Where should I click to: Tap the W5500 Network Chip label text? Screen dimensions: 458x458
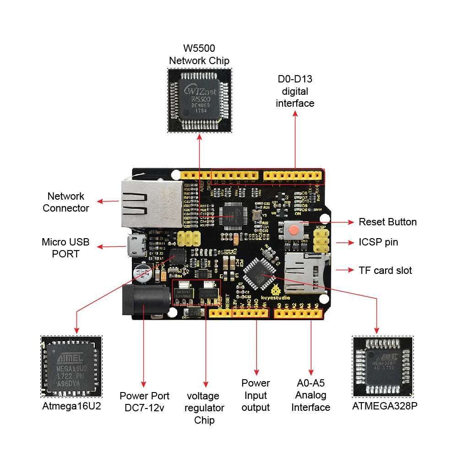coord(199,54)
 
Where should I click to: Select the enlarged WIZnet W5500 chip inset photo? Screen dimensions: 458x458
coord(200,100)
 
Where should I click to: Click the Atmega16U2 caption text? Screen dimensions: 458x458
coord(71,406)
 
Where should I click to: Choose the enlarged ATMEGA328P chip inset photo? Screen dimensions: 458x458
coord(382,366)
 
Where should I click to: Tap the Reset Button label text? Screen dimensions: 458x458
coord(387,222)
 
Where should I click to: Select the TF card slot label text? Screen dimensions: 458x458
coord(385,270)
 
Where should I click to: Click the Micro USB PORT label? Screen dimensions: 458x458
coord(65,247)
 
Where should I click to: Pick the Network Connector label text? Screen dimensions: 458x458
coord(65,202)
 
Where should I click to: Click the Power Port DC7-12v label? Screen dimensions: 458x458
coord(144,402)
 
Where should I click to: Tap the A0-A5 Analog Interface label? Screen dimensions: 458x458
coord(311,395)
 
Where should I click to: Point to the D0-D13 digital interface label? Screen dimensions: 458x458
coord(295,91)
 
